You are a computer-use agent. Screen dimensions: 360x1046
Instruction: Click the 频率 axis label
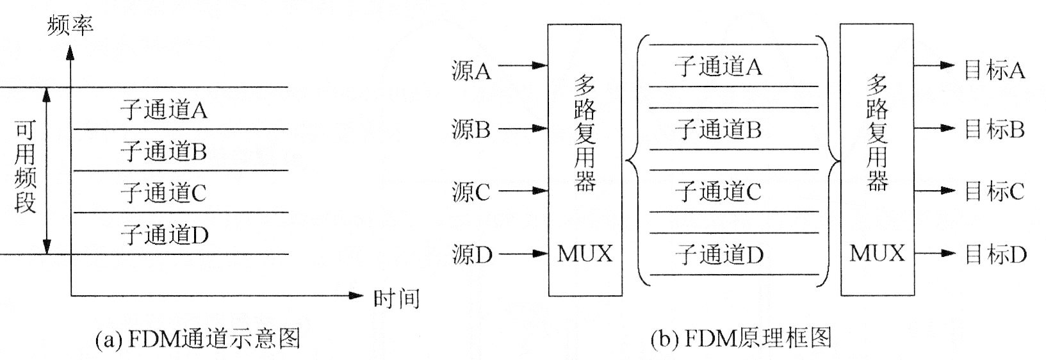click(x=70, y=26)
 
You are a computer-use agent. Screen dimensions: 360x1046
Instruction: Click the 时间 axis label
click(x=396, y=298)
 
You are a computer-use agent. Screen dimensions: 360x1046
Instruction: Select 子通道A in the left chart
click(x=164, y=110)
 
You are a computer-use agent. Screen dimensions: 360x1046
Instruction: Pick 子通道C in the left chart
click(x=164, y=193)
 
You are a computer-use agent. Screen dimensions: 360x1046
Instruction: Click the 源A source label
click(x=471, y=71)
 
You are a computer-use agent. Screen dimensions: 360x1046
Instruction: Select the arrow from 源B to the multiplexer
click(x=523, y=129)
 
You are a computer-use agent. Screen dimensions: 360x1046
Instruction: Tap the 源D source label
click(x=472, y=255)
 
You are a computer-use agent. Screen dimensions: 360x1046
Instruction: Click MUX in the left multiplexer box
click(x=584, y=254)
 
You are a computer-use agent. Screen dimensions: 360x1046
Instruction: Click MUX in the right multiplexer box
click(x=877, y=254)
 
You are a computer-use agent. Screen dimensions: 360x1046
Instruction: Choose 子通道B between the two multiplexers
click(x=718, y=130)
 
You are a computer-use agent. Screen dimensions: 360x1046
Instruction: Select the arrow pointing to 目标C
click(x=938, y=191)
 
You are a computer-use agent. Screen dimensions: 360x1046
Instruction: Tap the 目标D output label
click(x=995, y=255)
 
